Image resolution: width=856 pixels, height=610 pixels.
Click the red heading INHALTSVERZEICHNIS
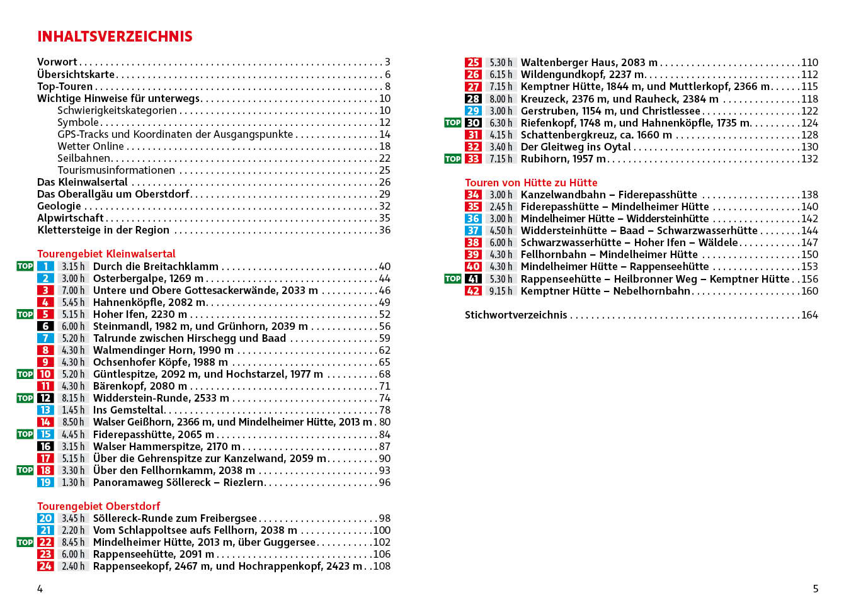click(x=115, y=37)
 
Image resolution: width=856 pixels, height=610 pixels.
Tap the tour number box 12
click(x=45, y=398)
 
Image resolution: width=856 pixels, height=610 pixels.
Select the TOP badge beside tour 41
click(x=452, y=279)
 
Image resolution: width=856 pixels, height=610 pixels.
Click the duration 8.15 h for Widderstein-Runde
click(x=73, y=398)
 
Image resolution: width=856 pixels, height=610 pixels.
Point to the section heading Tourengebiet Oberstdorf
click(x=98, y=506)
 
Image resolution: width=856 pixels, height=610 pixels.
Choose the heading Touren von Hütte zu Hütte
click(x=531, y=183)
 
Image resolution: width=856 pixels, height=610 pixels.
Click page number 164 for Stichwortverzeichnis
click(x=809, y=315)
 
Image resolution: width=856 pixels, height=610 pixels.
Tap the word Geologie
click(x=59, y=206)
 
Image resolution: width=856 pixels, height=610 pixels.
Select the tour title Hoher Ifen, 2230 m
click(x=140, y=314)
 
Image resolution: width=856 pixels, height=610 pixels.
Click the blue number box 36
click(x=473, y=218)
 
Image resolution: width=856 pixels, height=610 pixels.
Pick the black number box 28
click(x=473, y=99)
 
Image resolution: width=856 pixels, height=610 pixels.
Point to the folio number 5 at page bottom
click(x=815, y=589)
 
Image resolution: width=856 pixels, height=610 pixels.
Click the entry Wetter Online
click(x=91, y=146)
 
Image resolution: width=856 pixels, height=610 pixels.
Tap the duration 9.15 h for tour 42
click(x=501, y=291)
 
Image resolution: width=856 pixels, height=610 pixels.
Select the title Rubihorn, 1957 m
click(x=563, y=159)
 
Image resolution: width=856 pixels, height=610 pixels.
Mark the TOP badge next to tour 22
click(x=25, y=542)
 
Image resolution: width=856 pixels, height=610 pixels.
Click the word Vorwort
click(x=57, y=62)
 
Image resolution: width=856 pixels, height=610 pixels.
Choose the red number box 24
click(x=45, y=566)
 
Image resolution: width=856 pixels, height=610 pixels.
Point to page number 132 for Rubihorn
click(x=809, y=159)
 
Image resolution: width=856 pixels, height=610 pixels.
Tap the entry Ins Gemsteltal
click(x=128, y=410)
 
